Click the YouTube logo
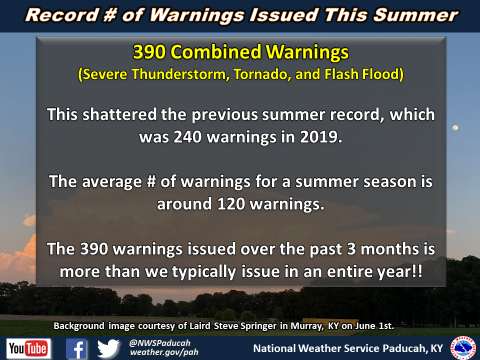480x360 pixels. point(28,348)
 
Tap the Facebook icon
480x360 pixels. point(76,348)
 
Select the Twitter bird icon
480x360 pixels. point(108,348)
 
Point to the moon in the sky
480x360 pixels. point(455,127)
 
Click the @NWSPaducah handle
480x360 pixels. point(160,343)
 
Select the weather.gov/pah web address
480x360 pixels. point(164,352)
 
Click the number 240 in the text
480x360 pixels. point(188,137)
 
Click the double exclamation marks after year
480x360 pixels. point(417,271)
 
